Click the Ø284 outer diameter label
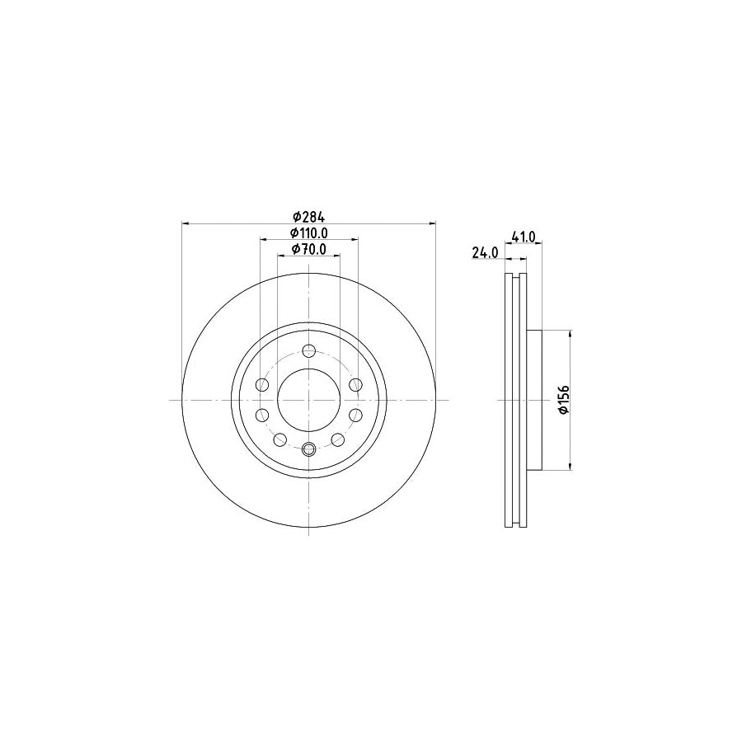click(308, 216)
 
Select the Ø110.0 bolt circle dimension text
click(308, 233)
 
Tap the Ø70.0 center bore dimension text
click(308, 249)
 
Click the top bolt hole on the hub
click(308, 350)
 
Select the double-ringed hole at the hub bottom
click(308, 449)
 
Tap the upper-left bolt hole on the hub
click(263, 385)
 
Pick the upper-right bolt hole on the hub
click(355, 385)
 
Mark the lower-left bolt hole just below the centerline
click(263, 415)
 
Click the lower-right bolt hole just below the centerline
click(355, 415)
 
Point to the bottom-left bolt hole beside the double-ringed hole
click(279, 439)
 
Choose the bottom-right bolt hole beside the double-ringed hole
click(338, 439)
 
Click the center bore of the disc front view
click(308, 400)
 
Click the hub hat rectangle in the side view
click(535, 400)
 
